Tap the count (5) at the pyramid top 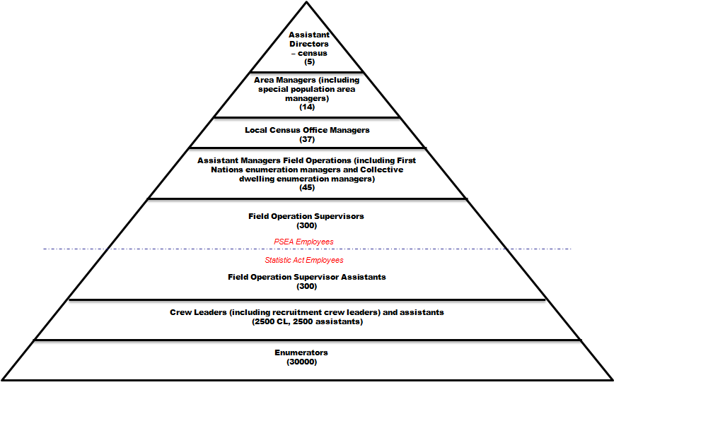(309, 62)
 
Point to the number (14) (307, 107)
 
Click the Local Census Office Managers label (307, 130)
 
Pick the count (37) (307, 139)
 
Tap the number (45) (307, 188)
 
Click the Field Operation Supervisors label (306, 216)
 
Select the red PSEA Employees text (303, 242)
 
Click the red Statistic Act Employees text (303, 261)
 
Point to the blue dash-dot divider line (495, 249)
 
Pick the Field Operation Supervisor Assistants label (307, 277)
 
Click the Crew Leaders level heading (307, 312)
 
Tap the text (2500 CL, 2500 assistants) (307, 322)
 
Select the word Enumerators (301, 352)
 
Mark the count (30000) (301, 362)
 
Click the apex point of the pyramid (307, 2)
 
